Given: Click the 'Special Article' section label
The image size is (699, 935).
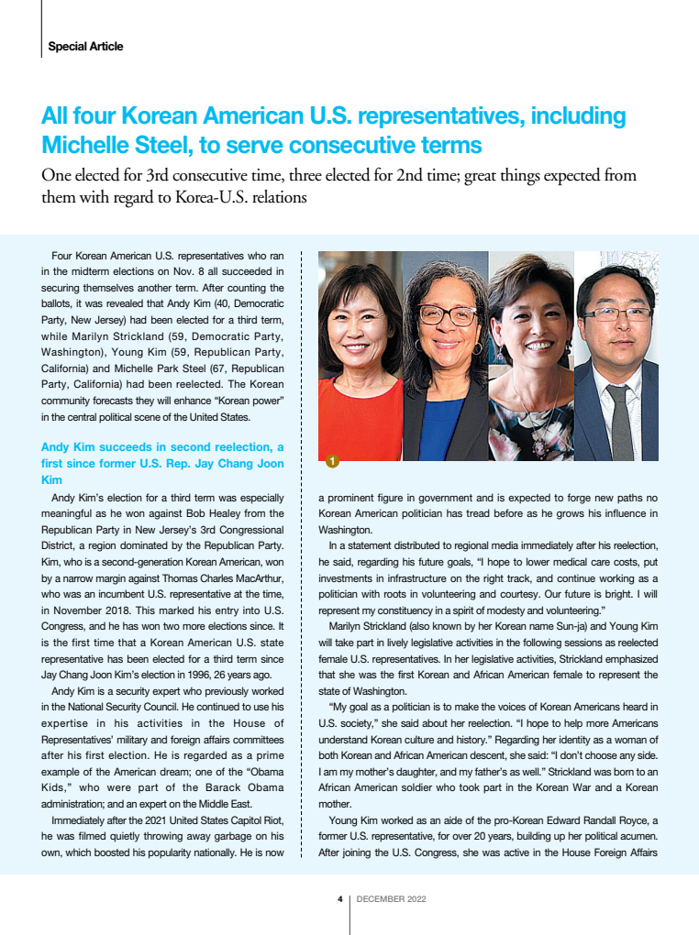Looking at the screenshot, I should [x=85, y=47].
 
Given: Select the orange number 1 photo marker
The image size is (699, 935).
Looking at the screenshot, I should [x=332, y=460].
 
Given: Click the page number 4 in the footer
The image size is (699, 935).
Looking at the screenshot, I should [x=340, y=899].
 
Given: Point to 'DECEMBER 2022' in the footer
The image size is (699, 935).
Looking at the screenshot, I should [x=391, y=899].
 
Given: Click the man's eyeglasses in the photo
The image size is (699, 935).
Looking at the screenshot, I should [x=616, y=313].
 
